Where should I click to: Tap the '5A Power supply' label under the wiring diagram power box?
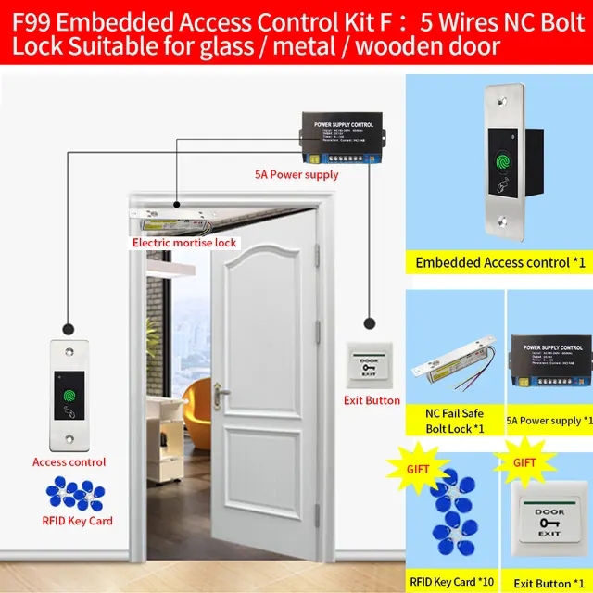click(x=296, y=174)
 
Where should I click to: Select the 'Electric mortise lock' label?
click(x=184, y=243)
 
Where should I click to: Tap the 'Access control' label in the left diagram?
click(x=69, y=461)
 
